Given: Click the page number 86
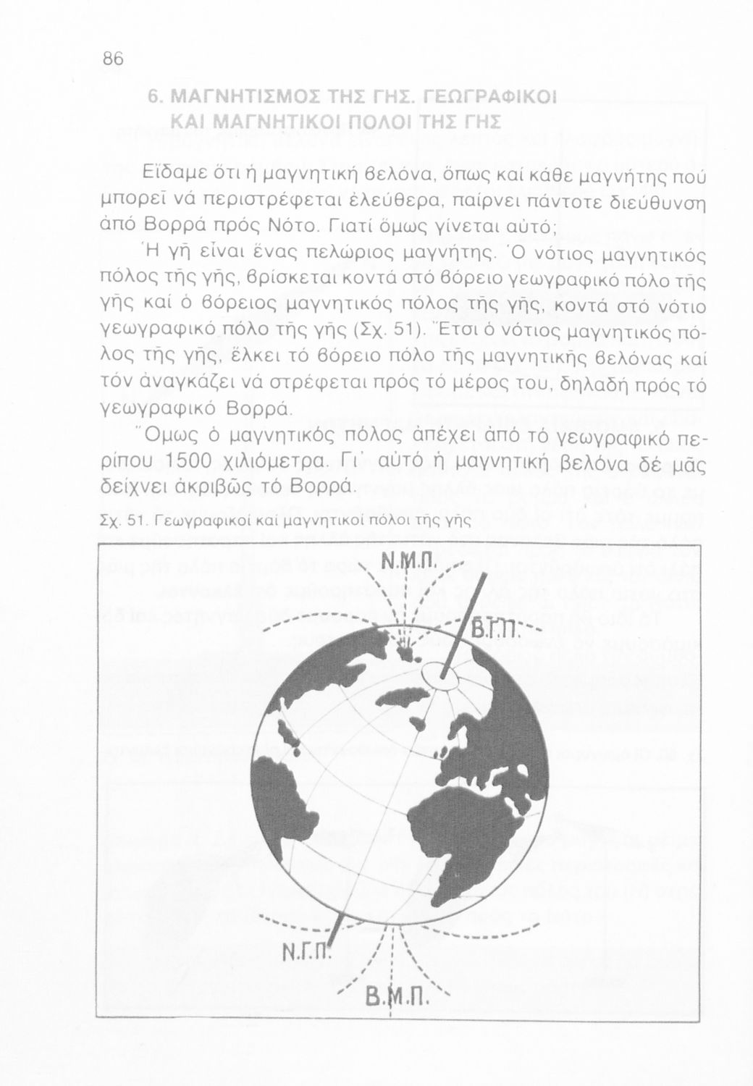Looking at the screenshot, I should [114, 59].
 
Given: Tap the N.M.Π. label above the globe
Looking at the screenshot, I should [408, 563].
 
